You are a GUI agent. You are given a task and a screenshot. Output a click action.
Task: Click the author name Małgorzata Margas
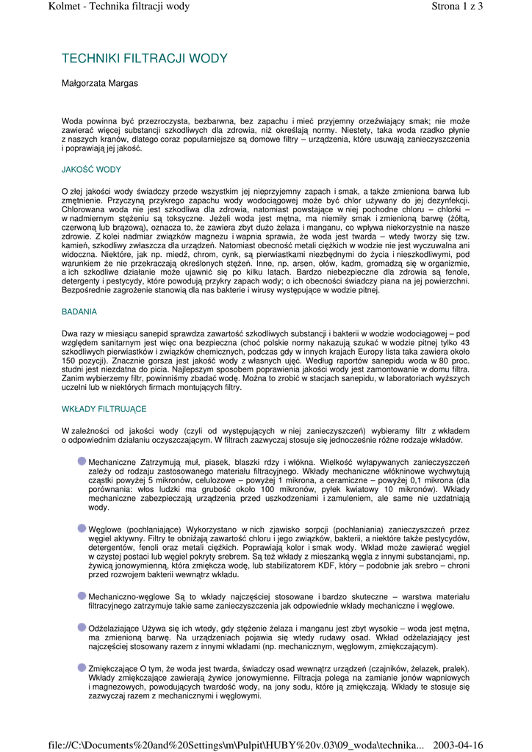pyautogui.click(x=99, y=84)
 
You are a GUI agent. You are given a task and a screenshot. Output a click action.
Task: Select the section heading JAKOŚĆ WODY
pyautogui.click(x=91, y=170)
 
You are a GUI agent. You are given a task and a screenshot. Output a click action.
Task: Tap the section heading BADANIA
pyautogui.click(x=79, y=312)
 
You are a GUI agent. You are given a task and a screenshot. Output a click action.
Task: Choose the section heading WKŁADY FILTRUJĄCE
pyautogui.click(x=104, y=408)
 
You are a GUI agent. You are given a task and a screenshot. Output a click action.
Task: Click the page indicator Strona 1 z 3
pyautogui.click(x=456, y=7)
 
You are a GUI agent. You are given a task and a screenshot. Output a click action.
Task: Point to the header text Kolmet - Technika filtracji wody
pyautogui.click(x=119, y=7)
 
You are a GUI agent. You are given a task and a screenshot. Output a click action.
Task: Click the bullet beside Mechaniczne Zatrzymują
pyautogui.click(x=82, y=461)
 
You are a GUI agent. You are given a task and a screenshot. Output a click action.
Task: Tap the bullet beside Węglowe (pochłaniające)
pyautogui.click(x=82, y=528)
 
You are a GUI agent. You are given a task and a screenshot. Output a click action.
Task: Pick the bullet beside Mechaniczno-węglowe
pyautogui.click(x=82, y=595)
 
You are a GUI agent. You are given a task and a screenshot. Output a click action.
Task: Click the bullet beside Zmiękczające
pyautogui.click(x=82, y=668)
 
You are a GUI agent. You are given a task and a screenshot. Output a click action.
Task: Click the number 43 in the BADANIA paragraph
pyautogui.click(x=464, y=343)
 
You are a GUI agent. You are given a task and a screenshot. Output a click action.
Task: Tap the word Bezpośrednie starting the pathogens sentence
pyautogui.click(x=87, y=290)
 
